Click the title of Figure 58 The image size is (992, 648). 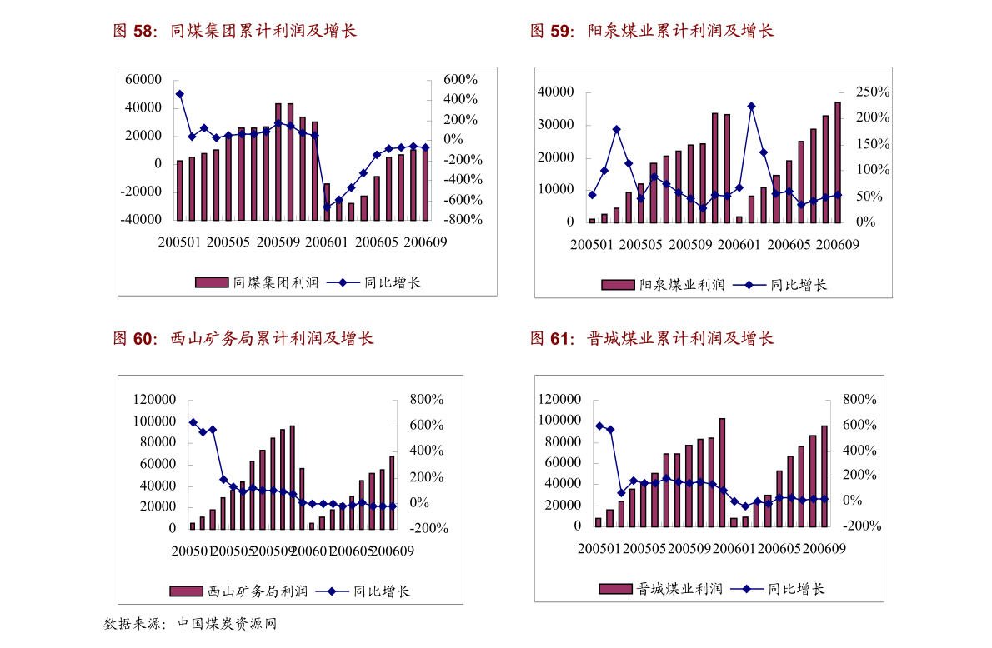[x=235, y=32]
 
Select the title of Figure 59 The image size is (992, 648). [x=652, y=32]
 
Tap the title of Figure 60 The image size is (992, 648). [x=243, y=339]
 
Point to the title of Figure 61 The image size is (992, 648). [x=652, y=339]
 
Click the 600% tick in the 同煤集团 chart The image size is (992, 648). [x=459, y=80]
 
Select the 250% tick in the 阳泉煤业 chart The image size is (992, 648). [x=873, y=92]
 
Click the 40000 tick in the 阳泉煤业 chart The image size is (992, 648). [x=557, y=92]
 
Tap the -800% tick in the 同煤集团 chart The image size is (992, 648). [x=459, y=220]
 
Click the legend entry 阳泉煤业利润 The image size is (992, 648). [x=664, y=285]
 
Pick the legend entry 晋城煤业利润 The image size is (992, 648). [x=661, y=589]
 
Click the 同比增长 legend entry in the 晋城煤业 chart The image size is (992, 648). [x=779, y=589]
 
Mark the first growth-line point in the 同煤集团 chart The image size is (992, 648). [x=179, y=94]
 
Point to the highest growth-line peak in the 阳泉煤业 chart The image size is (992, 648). [x=751, y=106]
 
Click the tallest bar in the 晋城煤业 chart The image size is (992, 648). [x=722, y=472]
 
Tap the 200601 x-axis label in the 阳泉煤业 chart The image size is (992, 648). [x=736, y=245]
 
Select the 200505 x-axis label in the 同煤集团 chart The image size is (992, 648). [x=228, y=242]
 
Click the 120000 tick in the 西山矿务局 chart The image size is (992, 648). [x=155, y=400]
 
